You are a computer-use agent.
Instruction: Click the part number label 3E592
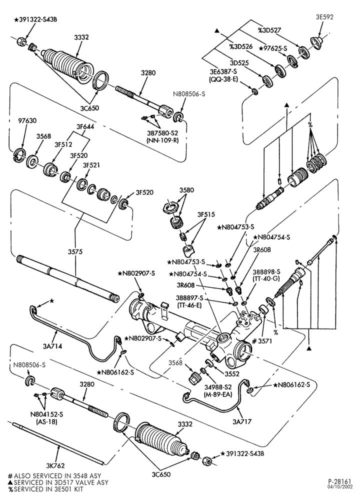coord(324,17)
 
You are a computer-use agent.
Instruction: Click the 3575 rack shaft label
coord(75,251)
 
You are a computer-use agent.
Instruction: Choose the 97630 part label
coord(27,121)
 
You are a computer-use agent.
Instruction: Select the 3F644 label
coord(85,126)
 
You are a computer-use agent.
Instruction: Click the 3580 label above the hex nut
coord(187,190)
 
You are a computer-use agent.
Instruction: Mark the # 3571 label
coord(262,341)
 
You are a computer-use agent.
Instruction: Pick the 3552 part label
coord(231,373)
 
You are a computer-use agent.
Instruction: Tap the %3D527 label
coord(269,30)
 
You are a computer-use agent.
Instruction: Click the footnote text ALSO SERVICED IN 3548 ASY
coord(57,476)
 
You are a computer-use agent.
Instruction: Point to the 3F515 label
coord(206,214)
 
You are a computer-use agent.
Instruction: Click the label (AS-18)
coord(46,421)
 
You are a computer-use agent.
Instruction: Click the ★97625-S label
coord(273,48)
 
